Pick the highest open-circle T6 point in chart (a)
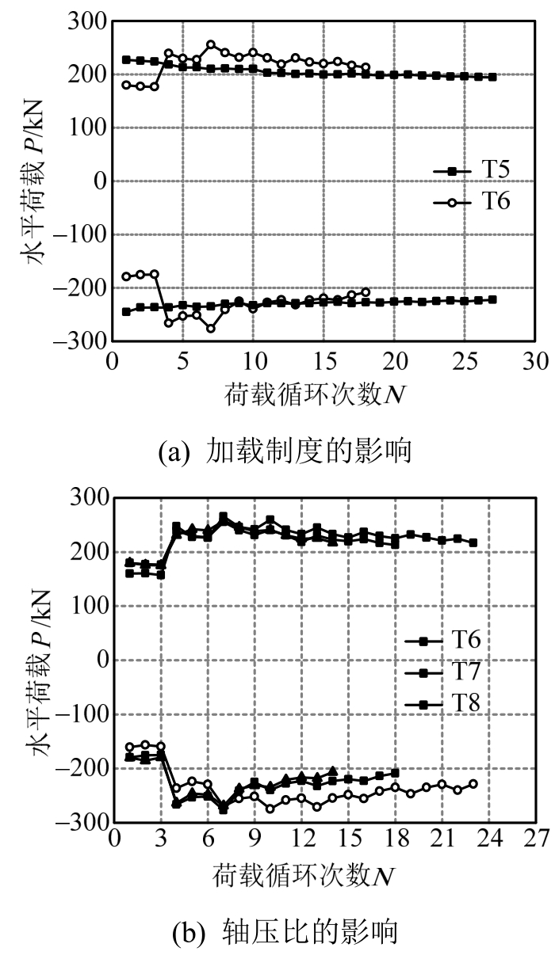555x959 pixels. click(211, 45)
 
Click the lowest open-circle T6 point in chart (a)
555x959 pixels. click(211, 328)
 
